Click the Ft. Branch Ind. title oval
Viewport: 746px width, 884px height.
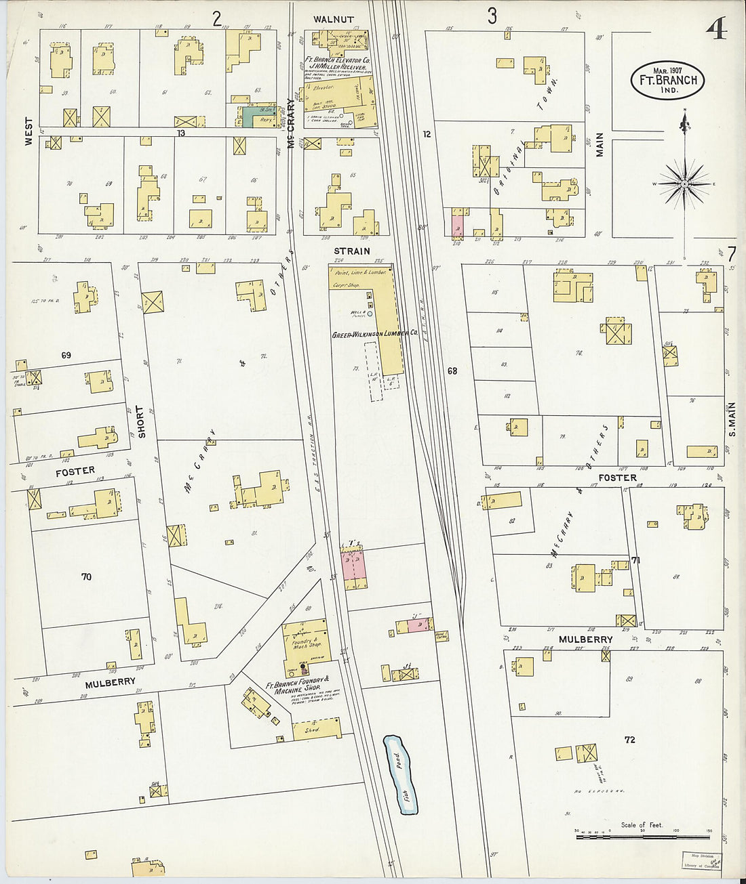point(667,81)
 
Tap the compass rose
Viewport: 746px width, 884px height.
point(684,184)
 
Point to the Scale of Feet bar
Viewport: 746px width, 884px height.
point(642,837)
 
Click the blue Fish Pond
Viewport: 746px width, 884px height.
point(401,774)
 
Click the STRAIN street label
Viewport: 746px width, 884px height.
point(352,251)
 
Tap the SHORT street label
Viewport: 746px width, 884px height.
point(141,421)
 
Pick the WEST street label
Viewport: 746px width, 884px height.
point(28,132)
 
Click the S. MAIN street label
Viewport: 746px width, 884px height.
point(732,420)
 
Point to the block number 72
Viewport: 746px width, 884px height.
point(630,740)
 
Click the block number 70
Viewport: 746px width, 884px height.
point(86,577)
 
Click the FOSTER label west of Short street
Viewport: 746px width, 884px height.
point(75,470)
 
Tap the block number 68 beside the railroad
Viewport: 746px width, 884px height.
point(452,371)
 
